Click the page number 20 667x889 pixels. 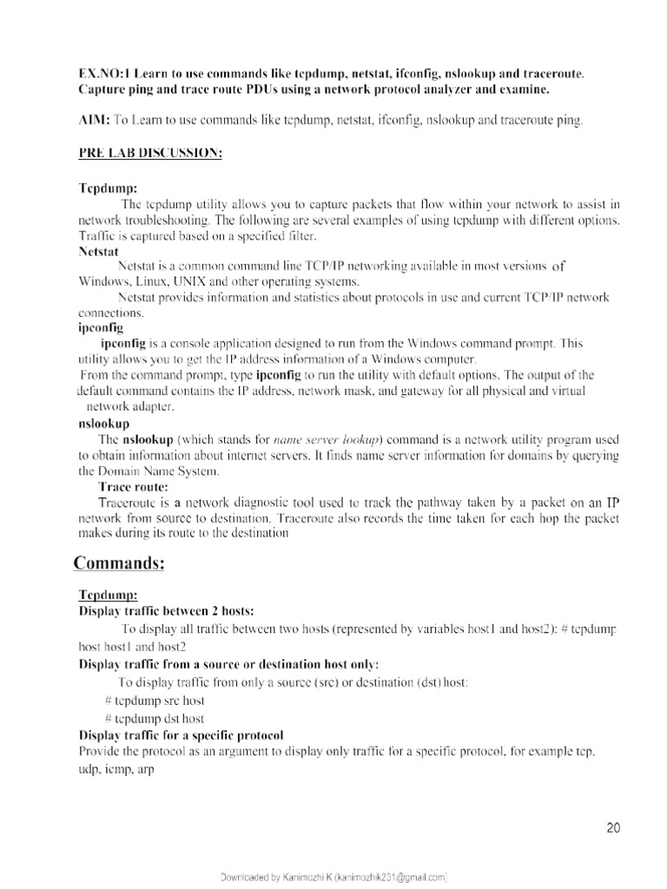tap(613, 828)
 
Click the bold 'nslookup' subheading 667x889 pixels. tap(103, 424)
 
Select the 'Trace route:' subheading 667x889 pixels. tap(133, 487)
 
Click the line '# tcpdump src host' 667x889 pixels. tap(155, 700)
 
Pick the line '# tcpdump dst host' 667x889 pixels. tap(155, 718)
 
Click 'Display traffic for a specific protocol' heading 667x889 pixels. tap(181, 734)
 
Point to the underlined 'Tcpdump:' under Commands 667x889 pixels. tap(108, 595)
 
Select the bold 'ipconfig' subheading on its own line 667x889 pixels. tap(101, 328)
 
